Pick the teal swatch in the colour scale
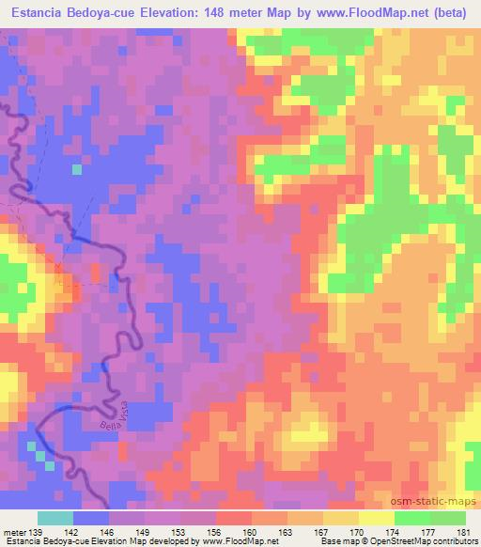coord(55,518)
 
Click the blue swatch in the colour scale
coord(91,518)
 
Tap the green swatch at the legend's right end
coord(448,518)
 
